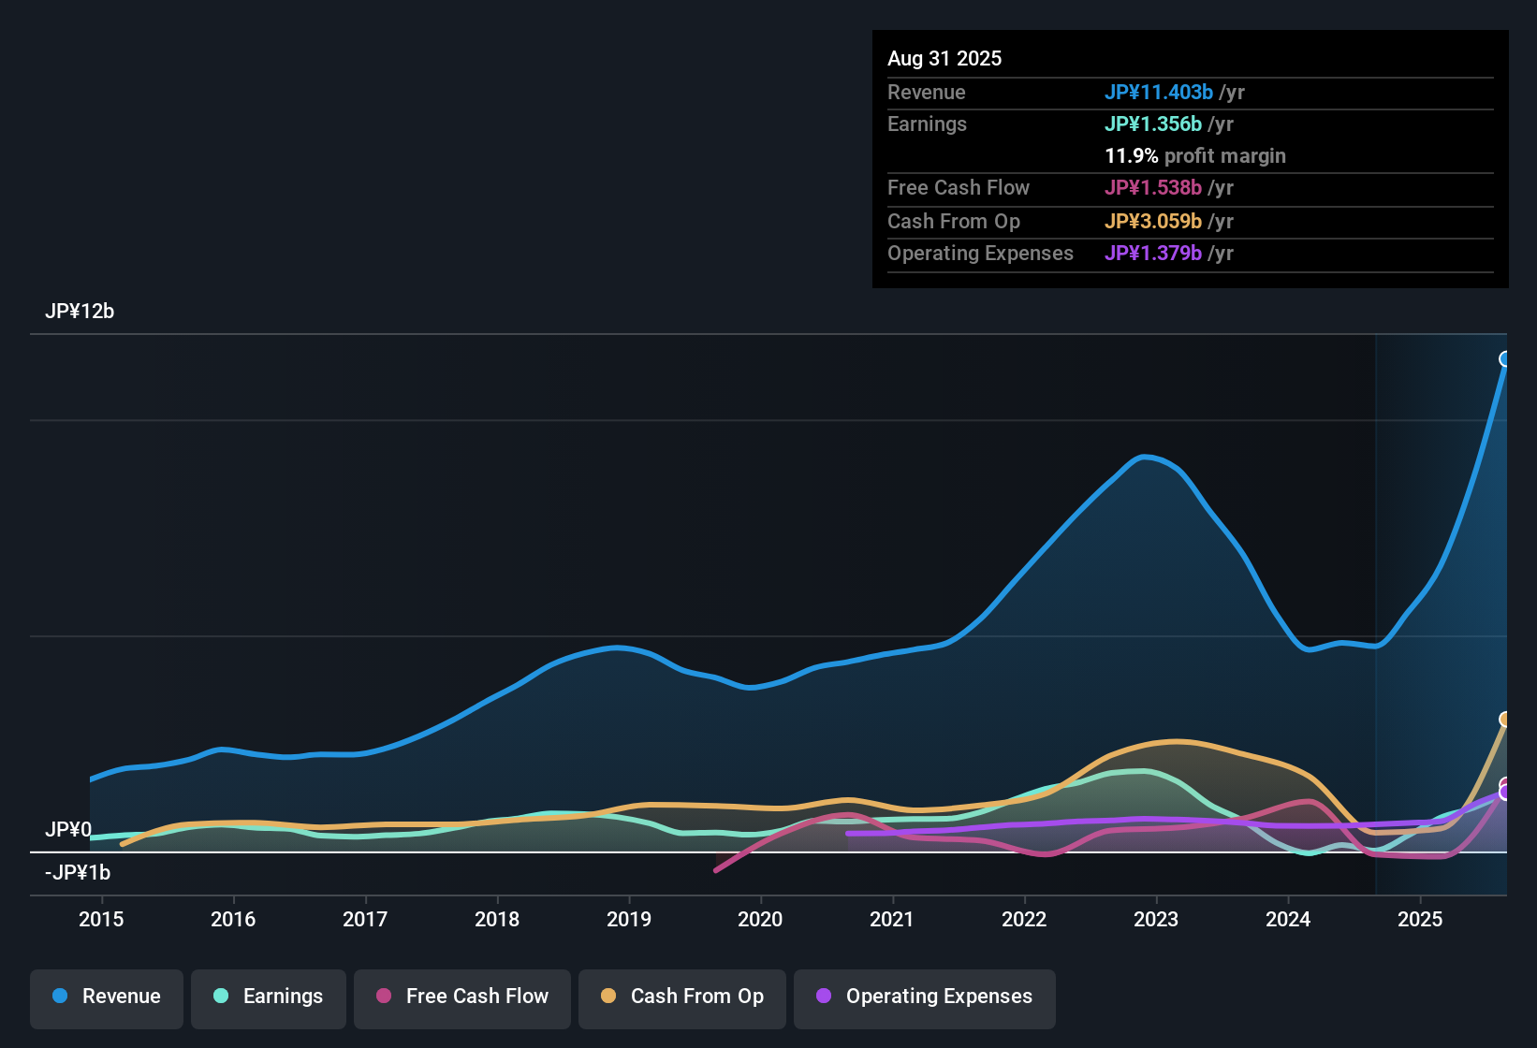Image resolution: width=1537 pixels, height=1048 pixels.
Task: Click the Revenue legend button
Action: pos(107,997)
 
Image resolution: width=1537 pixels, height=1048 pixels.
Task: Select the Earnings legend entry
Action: pos(269,997)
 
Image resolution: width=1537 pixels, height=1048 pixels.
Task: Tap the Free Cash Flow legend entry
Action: pos(462,997)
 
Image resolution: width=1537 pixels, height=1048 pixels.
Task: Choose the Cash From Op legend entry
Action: pos(682,997)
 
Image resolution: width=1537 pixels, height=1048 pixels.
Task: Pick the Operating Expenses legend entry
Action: pos(925,997)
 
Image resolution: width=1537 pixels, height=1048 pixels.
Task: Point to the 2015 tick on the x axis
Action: pos(101,919)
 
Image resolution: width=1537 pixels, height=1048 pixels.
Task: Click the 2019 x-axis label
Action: pos(629,919)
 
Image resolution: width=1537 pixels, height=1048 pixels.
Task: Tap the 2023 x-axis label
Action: pos(1156,919)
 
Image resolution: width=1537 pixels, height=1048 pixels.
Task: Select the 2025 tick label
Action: pos(1420,919)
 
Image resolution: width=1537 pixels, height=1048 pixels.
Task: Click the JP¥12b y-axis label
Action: pos(80,312)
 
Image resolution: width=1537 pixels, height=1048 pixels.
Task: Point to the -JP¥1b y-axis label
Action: pos(78,873)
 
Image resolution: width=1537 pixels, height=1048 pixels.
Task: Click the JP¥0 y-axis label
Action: pos(68,830)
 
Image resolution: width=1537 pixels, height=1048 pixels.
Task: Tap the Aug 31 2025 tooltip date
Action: pos(944,58)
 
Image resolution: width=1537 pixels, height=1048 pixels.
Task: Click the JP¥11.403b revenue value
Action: pos(1159,92)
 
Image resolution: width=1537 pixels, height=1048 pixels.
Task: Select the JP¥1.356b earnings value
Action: pos(1153,124)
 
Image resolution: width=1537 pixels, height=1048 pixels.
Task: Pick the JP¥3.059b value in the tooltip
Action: pos(1153,221)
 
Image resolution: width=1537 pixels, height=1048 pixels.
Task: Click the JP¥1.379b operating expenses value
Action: pos(1153,253)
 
